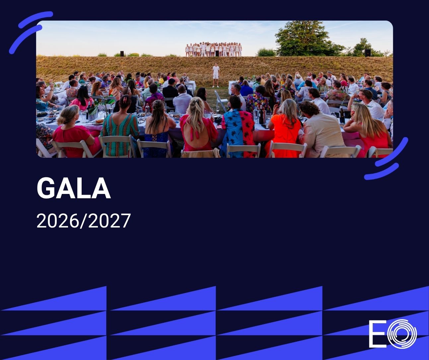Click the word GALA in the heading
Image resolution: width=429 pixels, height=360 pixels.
point(74,188)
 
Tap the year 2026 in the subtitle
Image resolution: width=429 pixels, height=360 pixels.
point(58,221)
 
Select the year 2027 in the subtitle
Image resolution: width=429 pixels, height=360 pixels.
point(109,221)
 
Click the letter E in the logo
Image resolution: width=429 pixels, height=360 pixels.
point(378,337)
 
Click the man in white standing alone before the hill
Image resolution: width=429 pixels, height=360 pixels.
point(216,75)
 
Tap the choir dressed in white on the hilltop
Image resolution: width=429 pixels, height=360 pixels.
point(213,49)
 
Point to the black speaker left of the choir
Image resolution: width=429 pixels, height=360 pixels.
point(122,54)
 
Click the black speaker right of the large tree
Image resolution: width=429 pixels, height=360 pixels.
point(368,53)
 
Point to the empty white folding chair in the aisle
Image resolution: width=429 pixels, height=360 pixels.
point(221,101)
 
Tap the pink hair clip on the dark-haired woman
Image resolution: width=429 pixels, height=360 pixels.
point(125,100)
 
